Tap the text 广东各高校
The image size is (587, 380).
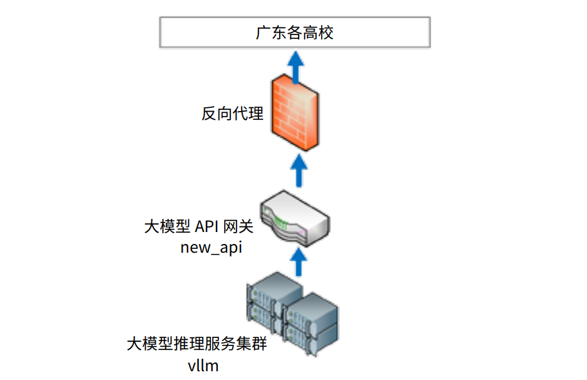point(295,33)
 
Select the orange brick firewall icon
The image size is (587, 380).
point(295,112)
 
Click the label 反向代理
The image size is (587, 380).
point(232,113)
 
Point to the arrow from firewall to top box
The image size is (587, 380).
point(296,67)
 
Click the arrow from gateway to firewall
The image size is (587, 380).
point(299,171)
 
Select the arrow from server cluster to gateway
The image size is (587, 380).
point(299,262)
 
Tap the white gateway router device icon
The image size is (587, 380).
point(295,218)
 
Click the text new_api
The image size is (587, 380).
point(211,248)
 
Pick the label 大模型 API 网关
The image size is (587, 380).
point(199,226)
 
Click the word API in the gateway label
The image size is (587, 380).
point(207,226)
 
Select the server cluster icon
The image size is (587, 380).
point(292,314)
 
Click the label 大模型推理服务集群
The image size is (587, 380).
point(197,344)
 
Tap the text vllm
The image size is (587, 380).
point(203,366)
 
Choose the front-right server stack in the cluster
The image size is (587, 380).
point(311,324)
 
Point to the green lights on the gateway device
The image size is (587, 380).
point(280,223)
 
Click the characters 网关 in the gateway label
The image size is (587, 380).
point(238,226)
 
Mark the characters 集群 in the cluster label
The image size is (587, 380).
point(252,344)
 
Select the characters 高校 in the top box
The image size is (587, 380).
point(318,33)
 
